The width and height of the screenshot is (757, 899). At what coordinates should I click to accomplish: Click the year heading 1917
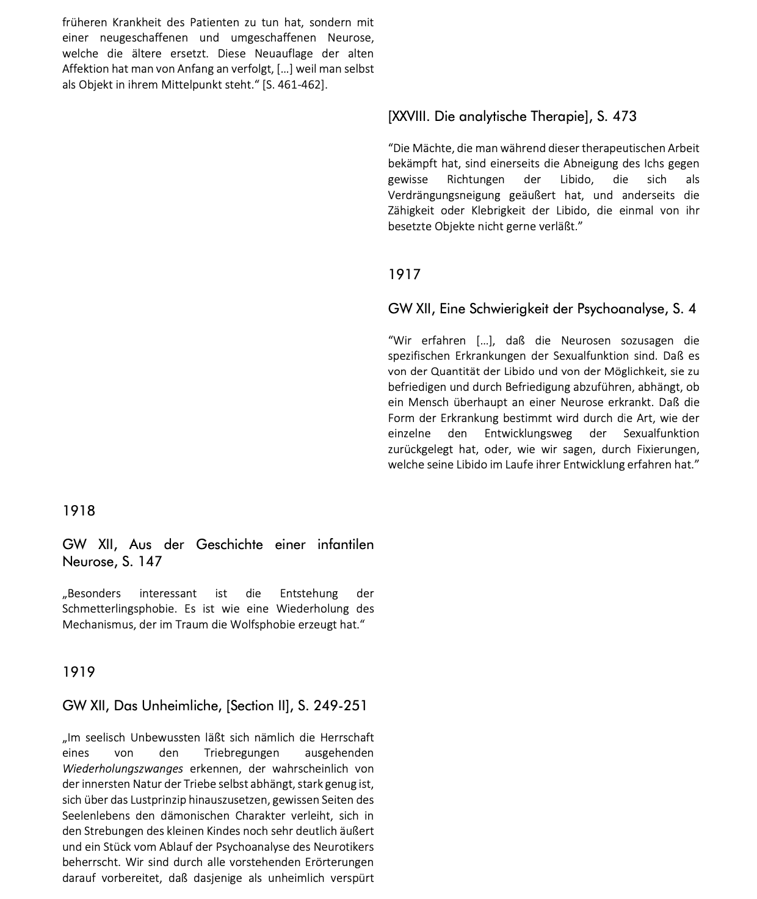[x=404, y=275]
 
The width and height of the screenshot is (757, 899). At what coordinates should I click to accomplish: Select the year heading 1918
[x=79, y=511]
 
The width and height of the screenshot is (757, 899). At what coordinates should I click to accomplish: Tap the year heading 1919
[x=79, y=672]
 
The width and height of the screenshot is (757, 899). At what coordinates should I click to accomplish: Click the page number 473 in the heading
[x=624, y=117]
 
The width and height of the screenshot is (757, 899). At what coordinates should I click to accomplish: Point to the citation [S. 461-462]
[x=295, y=85]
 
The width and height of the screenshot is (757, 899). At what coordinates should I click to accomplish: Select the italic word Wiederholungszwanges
[x=123, y=769]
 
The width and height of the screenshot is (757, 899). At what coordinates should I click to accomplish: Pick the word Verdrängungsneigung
[x=444, y=195]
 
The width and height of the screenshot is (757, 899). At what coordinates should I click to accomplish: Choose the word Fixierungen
[x=664, y=449]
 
